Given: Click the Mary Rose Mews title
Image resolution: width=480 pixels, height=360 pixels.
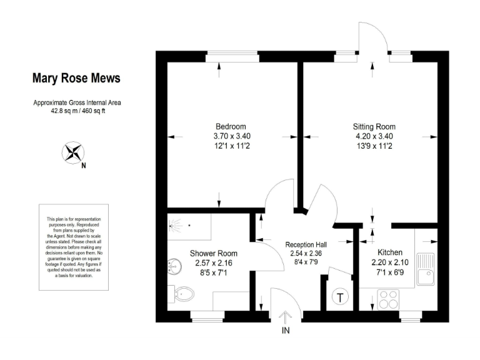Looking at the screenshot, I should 77,79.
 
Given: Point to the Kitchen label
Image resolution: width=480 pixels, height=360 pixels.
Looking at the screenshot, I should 390,252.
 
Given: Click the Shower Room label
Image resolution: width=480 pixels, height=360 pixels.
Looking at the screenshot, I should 214,253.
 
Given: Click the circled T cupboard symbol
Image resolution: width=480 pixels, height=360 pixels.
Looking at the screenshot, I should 341,297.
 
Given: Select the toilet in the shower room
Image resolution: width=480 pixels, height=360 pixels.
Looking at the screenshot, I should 184,292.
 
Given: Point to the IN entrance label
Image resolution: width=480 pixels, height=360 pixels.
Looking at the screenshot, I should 286,331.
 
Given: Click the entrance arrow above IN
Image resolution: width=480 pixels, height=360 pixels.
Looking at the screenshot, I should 286,316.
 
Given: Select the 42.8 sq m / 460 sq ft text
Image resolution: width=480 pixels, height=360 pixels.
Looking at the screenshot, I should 77,112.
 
